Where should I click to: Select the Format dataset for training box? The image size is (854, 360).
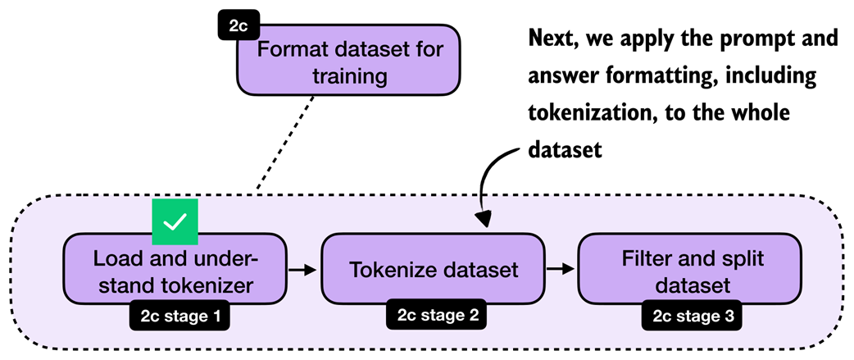350,64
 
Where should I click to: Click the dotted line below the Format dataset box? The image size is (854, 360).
286,144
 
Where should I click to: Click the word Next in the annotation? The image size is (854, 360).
554,39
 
